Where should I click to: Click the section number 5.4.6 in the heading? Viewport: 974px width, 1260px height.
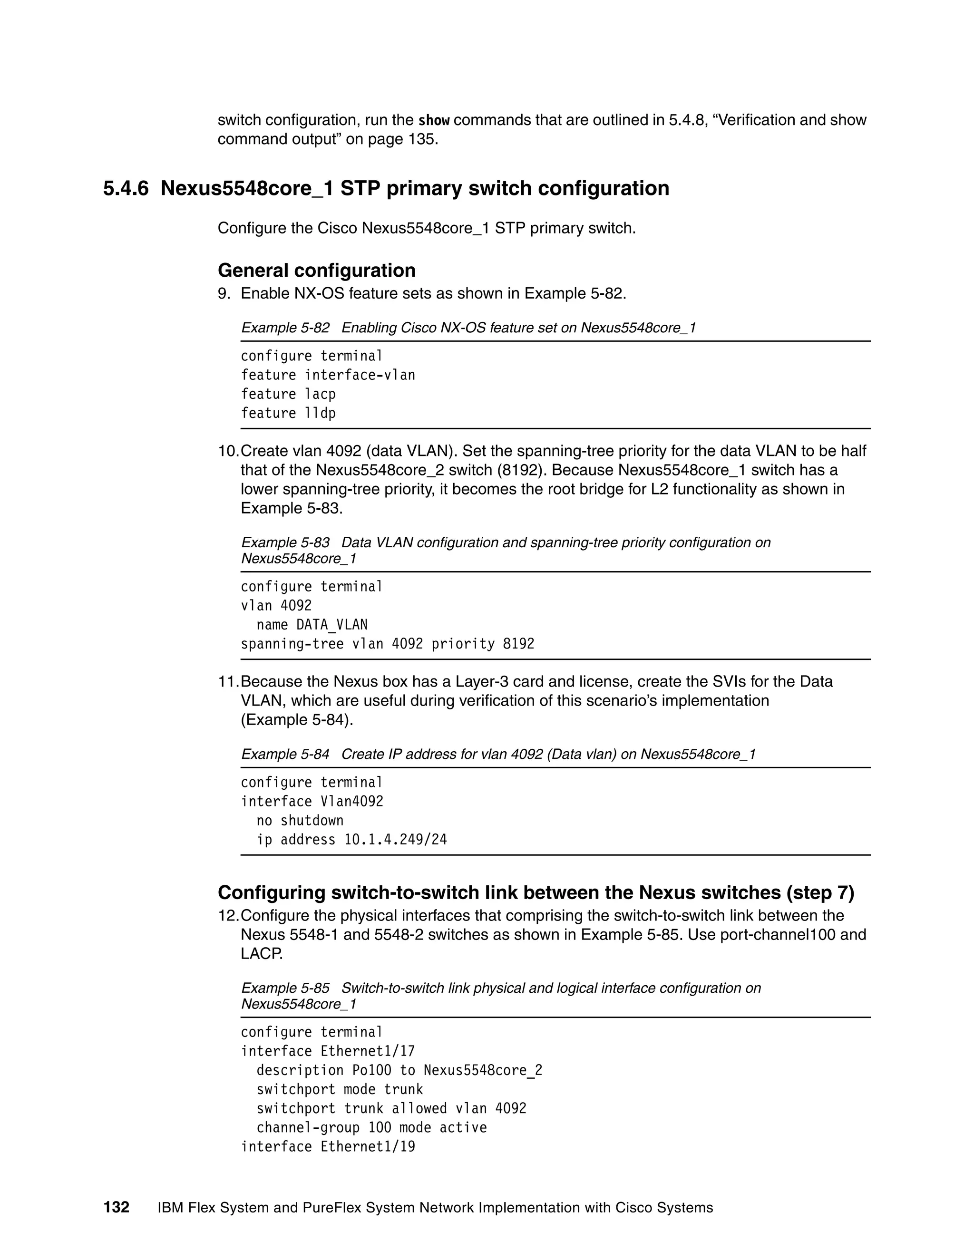(x=126, y=189)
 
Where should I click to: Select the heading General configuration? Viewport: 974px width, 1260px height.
(x=316, y=270)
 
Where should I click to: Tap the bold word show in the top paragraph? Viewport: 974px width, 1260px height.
(x=433, y=121)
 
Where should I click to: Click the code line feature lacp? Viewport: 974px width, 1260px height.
(x=288, y=394)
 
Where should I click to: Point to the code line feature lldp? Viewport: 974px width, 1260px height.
(x=288, y=413)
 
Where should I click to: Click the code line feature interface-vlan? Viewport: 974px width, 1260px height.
(x=328, y=375)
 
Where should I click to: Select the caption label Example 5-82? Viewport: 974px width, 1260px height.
(x=285, y=328)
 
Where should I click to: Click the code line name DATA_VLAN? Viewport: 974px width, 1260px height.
(x=312, y=625)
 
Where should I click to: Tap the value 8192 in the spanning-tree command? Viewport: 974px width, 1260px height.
(x=518, y=644)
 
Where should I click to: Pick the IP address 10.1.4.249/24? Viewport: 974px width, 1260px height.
(x=395, y=839)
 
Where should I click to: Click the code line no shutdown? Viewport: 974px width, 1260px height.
(x=300, y=820)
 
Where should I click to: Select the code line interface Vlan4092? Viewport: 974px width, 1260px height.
(x=312, y=801)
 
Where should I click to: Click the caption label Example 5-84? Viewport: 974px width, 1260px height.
(x=285, y=754)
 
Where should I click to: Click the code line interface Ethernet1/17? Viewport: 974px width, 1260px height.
(x=328, y=1051)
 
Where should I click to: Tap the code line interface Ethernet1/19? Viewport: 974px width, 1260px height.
(x=328, y=1146)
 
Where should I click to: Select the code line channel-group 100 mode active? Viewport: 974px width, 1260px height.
(x=371, y=1127)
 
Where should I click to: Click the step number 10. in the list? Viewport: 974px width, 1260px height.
(x=228, y=451)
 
